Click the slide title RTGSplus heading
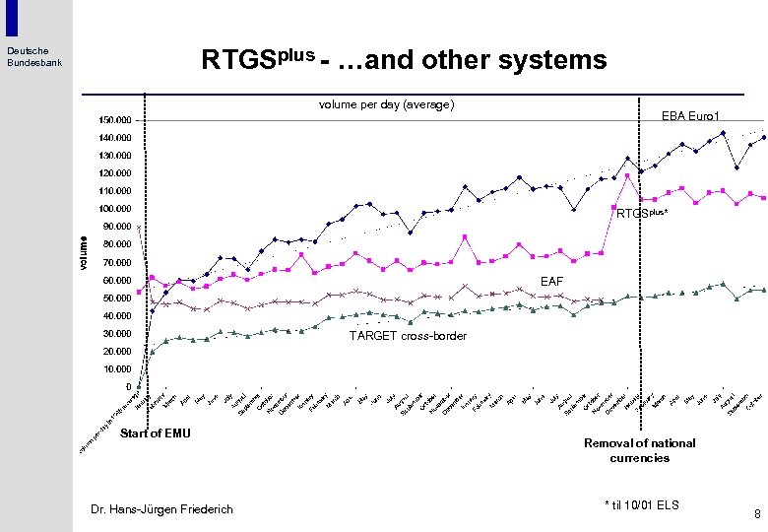coord(404,61)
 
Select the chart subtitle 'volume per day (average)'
coord(385,103)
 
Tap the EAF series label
coord(551,282)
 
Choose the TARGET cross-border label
coord(408,336)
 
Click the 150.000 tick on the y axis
coord(115,120)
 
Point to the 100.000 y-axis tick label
coord(115,209)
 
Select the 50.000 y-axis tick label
coord(117,298)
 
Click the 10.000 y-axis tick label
coord(117,368)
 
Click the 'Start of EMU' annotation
coord(155,432)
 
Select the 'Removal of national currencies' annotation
coord(639,450)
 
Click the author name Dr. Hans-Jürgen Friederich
coord(161,508)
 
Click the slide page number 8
coord(756,513)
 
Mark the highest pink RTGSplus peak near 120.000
coord(627,176)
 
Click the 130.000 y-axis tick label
coord(115,156)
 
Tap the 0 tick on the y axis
coord(127,386)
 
